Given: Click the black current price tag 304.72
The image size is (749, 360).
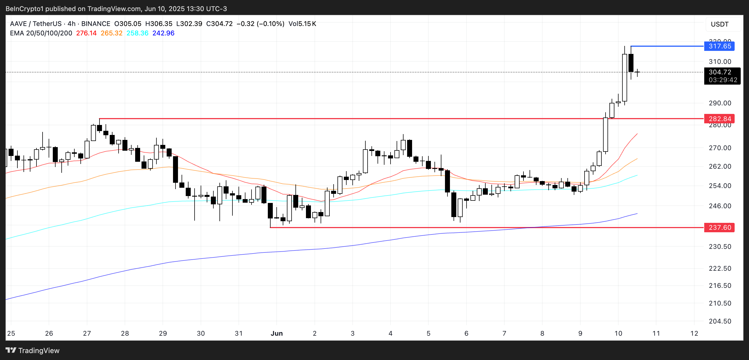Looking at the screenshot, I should coord(720,72).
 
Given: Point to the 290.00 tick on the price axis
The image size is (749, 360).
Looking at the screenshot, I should coord(720,103).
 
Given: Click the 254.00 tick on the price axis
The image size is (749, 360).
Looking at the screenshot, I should coord(720,186).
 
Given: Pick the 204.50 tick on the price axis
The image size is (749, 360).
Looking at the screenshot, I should coord(720,321).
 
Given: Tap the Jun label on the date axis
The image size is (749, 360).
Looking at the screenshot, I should coord(276,333).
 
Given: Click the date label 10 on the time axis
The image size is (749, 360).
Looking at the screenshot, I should coord(618,333).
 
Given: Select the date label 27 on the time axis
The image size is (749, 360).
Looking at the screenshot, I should coord(87,333).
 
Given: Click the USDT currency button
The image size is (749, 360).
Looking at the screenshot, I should coord(720,24).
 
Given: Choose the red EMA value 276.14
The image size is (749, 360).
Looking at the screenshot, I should coord(86,33).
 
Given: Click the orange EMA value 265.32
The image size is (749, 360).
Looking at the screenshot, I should coord(111,33).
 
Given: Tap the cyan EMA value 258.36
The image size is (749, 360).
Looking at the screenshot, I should coord(137,33).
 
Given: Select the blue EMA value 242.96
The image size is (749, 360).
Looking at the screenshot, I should coord(163,33).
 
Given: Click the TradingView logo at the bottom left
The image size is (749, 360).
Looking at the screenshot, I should coord(32,350).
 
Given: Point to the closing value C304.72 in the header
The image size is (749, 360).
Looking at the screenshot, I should coord(219,24).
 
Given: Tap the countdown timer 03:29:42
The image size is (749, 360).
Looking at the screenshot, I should coord(723,80).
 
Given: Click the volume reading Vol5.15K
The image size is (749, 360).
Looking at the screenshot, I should coord(302,24).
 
